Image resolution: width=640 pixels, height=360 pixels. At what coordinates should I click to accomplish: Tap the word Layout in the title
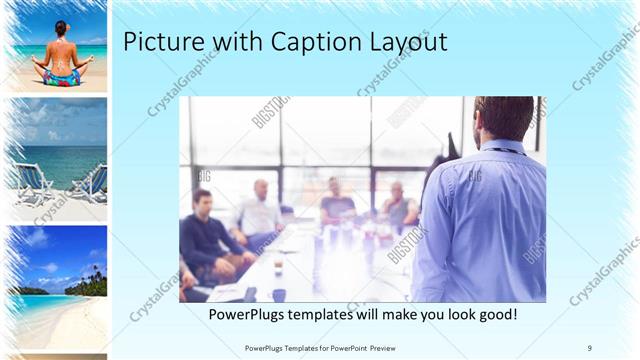tap(399, 43)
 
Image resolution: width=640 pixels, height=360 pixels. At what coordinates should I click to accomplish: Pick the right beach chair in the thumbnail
tap(88, 182)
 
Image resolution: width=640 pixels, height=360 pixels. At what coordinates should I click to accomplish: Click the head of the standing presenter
tap(497, 118)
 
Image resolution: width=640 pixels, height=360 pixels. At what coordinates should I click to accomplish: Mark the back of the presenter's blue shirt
tap(480, 220)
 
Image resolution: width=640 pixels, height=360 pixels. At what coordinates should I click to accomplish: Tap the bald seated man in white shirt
tap(258, 210)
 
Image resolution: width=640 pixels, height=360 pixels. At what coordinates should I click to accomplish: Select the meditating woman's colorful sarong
tap(60, 76)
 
